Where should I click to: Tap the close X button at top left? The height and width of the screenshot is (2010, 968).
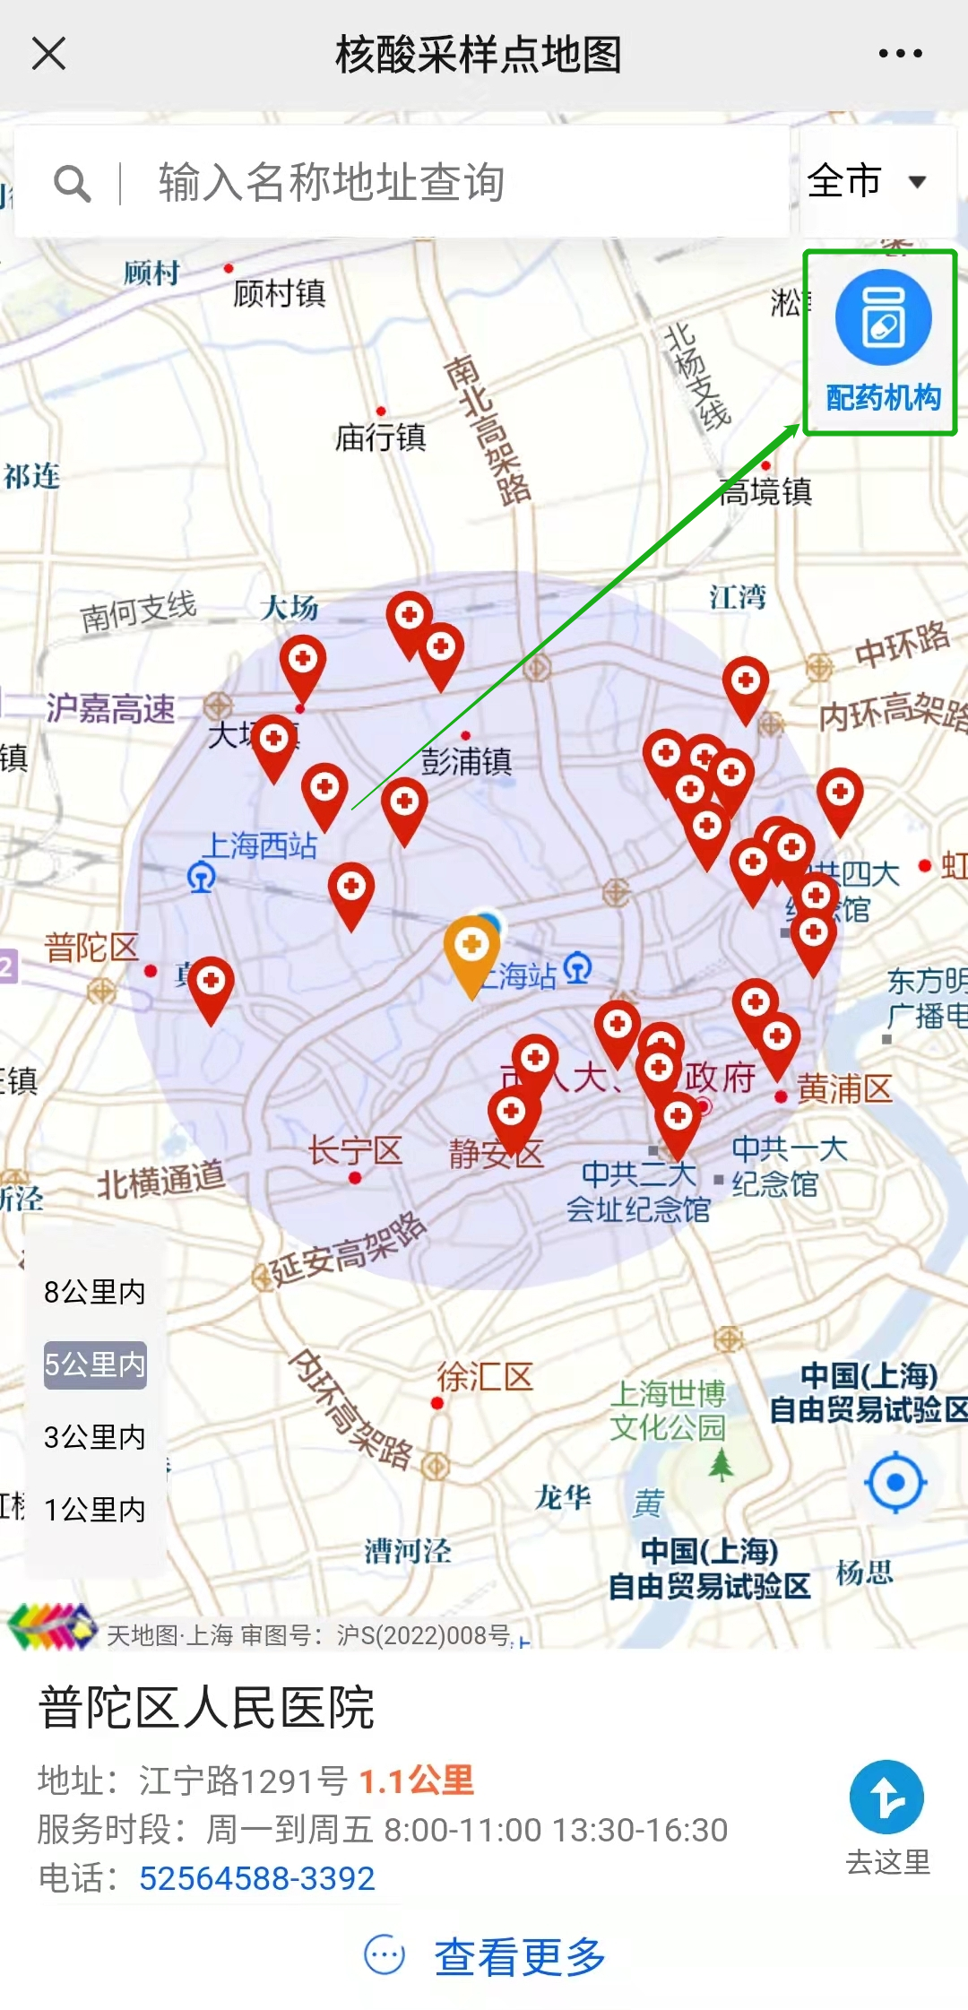pyautogui.click(x=49, y=53)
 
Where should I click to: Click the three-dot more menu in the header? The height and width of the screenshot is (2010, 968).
pyautogui.click(x=900, y=54)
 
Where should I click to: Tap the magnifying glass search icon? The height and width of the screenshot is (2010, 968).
pyautogui.click(x=72, y=184)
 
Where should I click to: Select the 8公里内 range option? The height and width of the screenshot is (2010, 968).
pyautogui.click(x=94, y=1292)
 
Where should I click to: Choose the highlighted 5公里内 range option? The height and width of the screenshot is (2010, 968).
pyautogui.click(x=94, y=1365)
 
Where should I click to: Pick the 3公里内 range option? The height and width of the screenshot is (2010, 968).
pyautogui.click(x=94, y=1437)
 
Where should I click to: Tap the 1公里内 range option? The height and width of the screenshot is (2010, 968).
pyautogui.click(x=94, y=1510)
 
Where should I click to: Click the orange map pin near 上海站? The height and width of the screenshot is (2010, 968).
pyautogui.click(x=471, y=949)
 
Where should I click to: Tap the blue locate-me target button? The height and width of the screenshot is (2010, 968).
pyautogui.click(x=895, y=1482)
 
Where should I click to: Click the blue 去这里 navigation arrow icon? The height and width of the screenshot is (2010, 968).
pyautogui.click(x=886, y=1797)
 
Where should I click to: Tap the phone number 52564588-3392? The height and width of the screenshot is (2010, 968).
pyautogui.click(x=256, y=1877)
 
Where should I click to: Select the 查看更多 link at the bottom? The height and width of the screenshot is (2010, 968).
pyautogui.click(x=519, y=1955)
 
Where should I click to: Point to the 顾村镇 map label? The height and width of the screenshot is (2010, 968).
pyautogui.click(x=279, y=293)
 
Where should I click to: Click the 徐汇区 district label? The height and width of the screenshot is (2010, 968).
pyautogui.click(x=484, y=1376)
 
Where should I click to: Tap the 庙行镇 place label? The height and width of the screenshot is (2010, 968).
pyautogui.click(x=380, y=438)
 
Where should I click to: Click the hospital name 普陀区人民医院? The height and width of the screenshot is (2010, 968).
pyautogui.click(x=206, y=1707)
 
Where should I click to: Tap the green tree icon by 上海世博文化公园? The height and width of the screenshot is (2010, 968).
pyautogui.click(x=721, y=1466)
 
